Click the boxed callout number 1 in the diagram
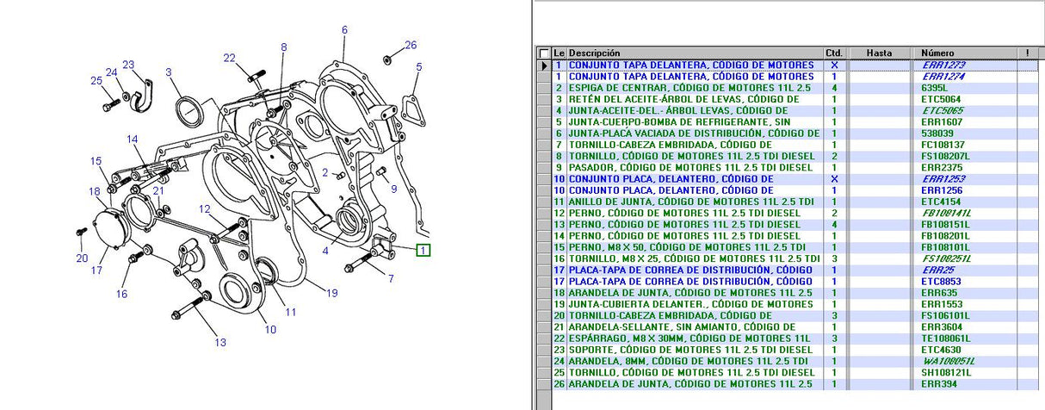(x=423, y=251)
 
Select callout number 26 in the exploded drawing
(x=411, y=45)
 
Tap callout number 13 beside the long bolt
(x=220, y=342)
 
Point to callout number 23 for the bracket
(x=128, y=65)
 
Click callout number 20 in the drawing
(x=82, y=258)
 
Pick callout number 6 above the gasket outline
(x=344, y=30)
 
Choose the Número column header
(x=937, y=53)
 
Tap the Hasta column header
(x=879, y=53)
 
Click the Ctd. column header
(x=833, y=53)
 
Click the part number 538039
(x=937, y=134)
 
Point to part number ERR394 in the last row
(x=937, y=383)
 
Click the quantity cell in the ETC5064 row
(x=833, y=99)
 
